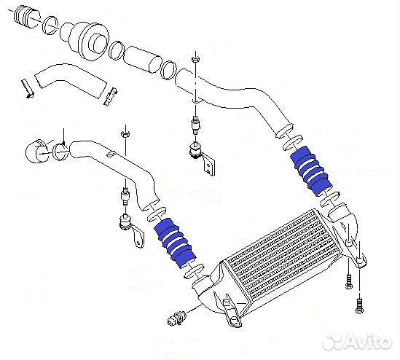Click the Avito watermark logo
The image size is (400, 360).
pyautogui.click(x=357, y=342)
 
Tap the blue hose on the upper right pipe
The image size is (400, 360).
pyautogui.click(x=310, y=171)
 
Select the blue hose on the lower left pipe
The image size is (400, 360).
pyautogui.click(x=176, y=243)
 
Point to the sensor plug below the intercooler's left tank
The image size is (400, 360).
pyautogui.click(x=174, y=318)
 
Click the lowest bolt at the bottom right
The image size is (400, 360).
pyautogui.click(x=359, y=307)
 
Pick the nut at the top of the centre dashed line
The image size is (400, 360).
pyautogui.click(x=195, y=60)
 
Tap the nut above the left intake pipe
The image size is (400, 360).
pyautogui.click(x=125, y=134)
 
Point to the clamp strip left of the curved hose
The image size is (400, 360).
pyautogui.click(x=27, y=88)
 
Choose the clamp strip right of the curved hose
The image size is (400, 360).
pyautogui.click(x=111, y=96)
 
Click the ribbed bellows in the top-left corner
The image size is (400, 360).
pyautogui.click(x=24, y=16)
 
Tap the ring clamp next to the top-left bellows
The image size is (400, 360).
pyautogui.click(x=50, y=25)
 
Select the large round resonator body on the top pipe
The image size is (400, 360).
pyautogui.click(x=87, y=41)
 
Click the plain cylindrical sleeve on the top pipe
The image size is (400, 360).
pyautogui.click(x=142, y=59)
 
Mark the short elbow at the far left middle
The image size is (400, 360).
pyautogui.click(x=37, y=152)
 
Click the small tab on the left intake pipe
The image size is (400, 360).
pyautogui.click(x=111, y=154)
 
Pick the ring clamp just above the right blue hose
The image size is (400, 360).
pyautogui.click(x=293, y=141)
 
